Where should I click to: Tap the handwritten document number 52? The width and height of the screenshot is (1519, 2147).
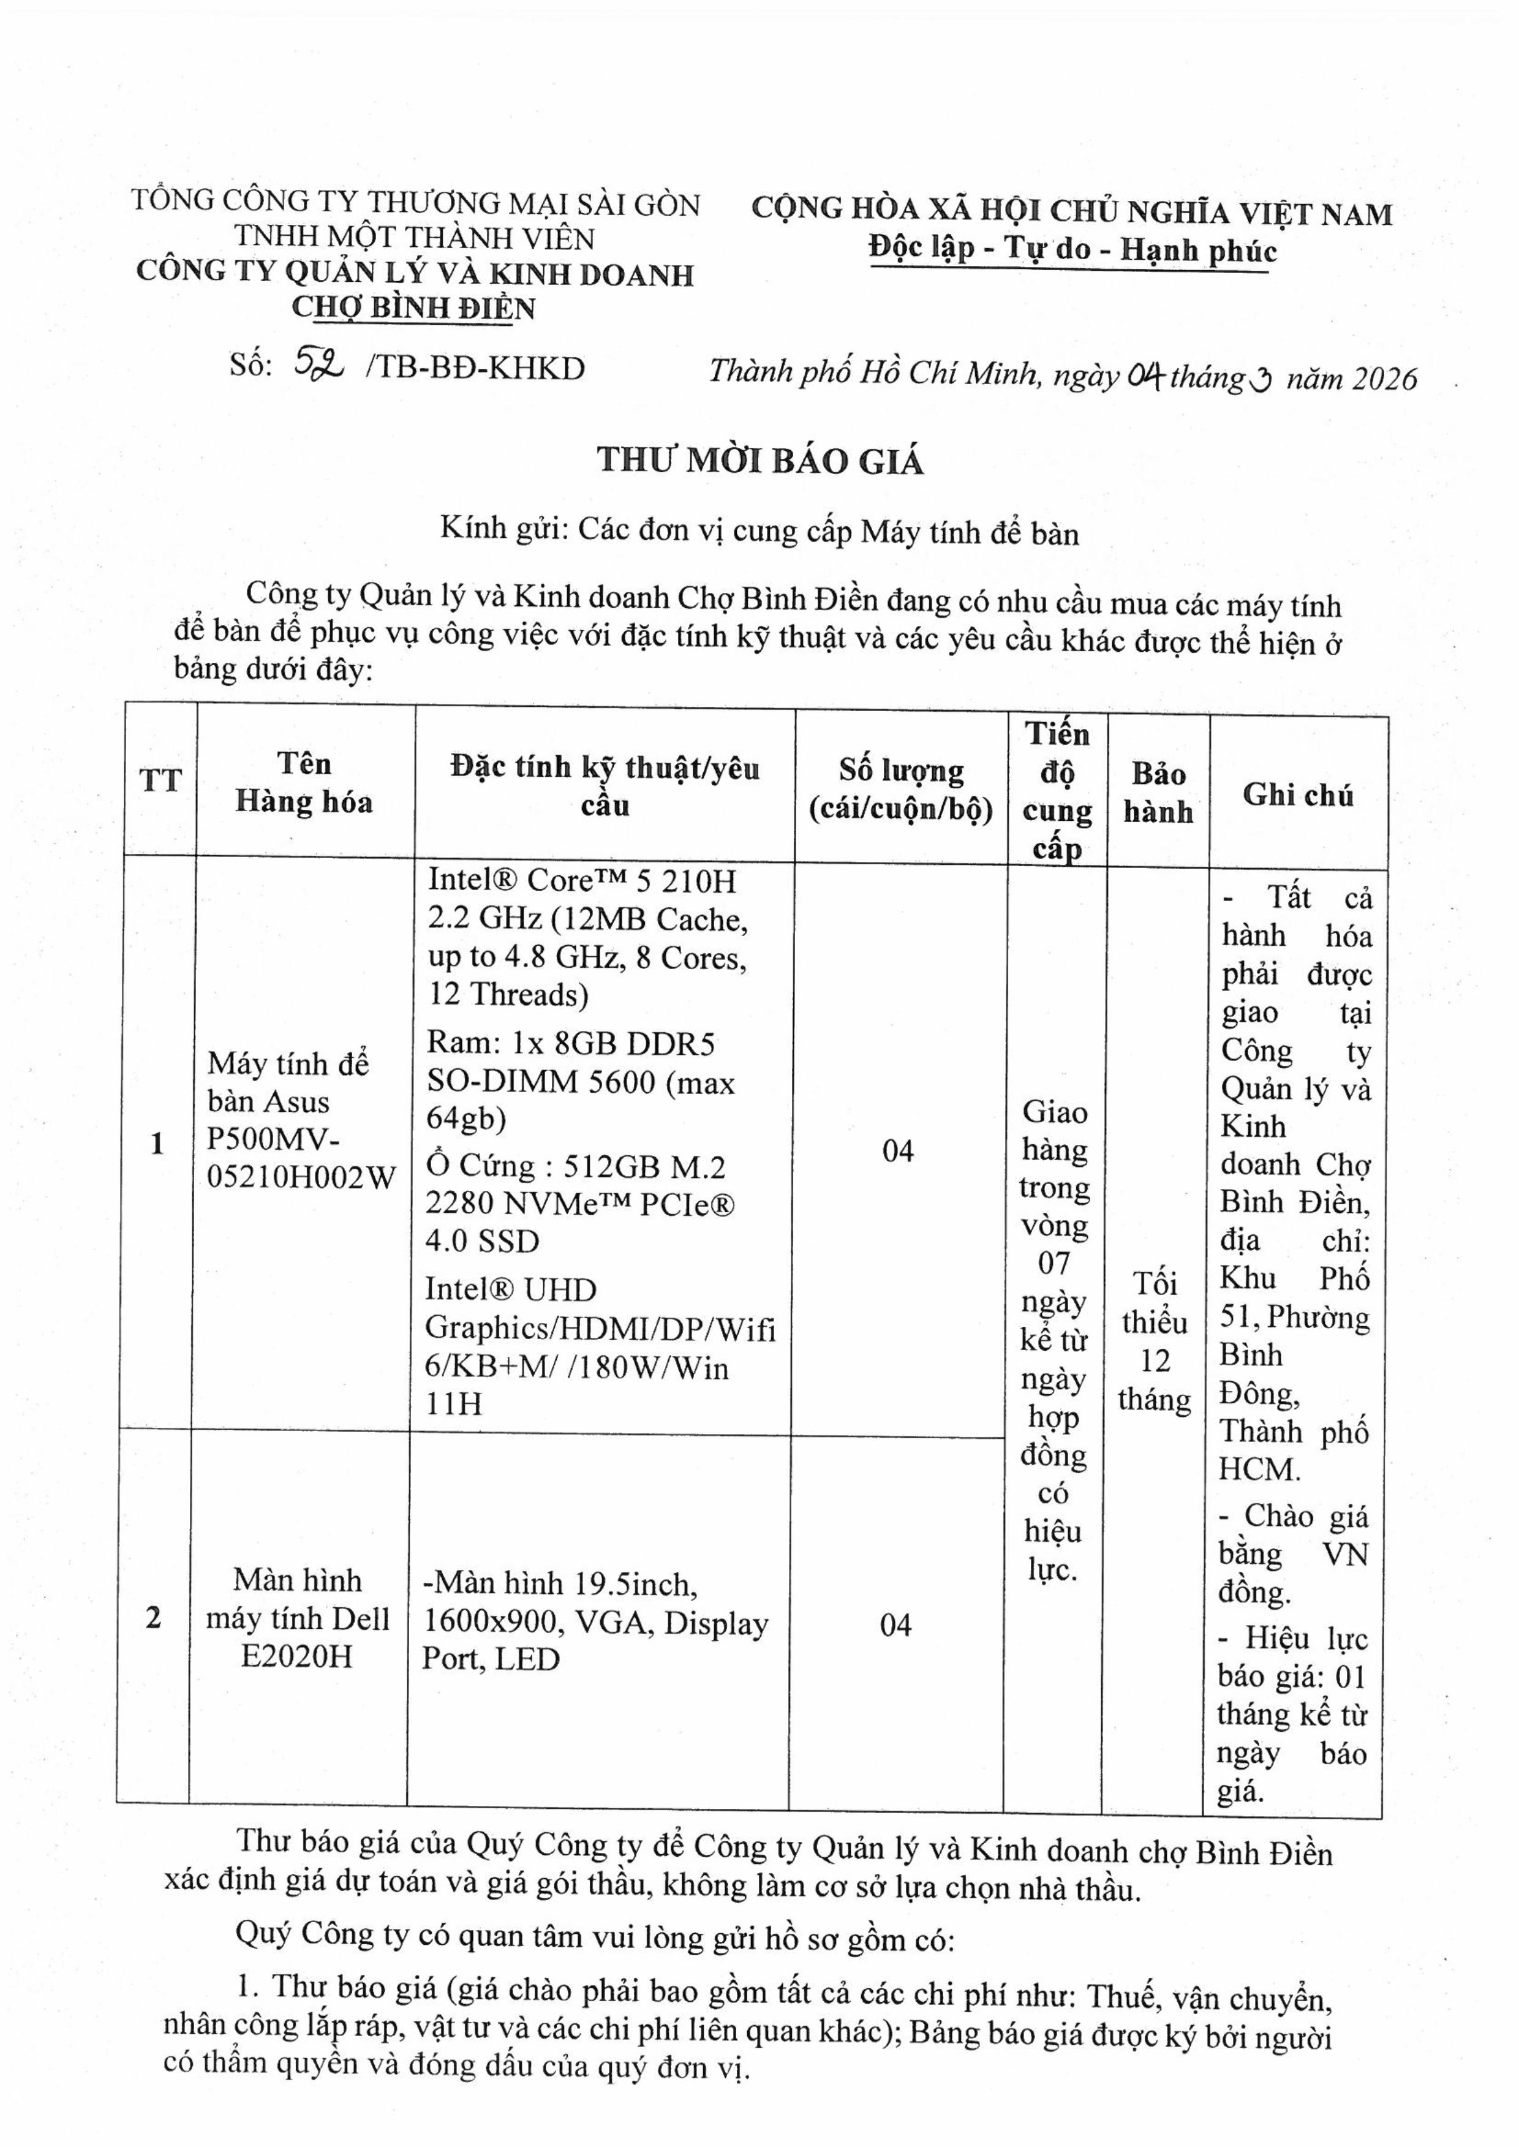[x=318, y=365]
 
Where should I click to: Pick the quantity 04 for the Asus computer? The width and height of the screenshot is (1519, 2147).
[x=897, y=1150]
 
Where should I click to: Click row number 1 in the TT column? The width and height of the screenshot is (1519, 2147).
[x=157, y=1142]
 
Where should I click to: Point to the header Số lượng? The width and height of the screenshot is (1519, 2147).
[x=901, y=770]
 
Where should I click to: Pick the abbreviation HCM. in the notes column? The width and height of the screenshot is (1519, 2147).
[x=1258, y=1470]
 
